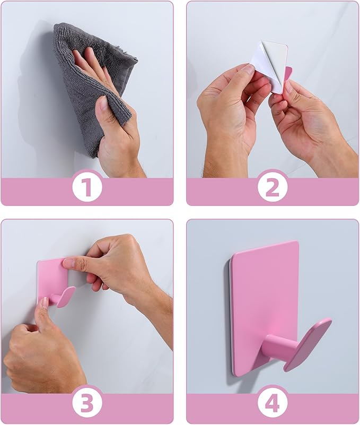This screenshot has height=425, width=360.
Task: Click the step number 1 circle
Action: pyautogui.click(x=87, y=187)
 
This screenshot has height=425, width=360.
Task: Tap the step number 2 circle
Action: pyautogui.click(x=273, y=187)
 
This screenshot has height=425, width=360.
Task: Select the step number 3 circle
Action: pyautogui.click(x=87, y=404)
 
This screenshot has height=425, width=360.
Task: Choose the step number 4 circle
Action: pyautogui.click(x=273, y=404)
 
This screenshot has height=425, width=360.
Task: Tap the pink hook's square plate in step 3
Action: pyautogui.click(x=50, y=276)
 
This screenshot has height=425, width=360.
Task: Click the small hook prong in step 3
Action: pyautogui.click(x=64, y=297)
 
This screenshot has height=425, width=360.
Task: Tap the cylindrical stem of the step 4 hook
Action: pyautogui.click(x=276, y=348)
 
